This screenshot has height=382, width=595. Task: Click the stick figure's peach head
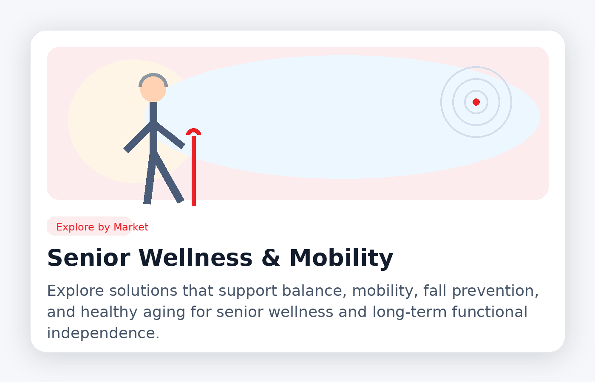153,90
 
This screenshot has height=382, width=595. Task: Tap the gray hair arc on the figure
153,75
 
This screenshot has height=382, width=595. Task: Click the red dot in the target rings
476,102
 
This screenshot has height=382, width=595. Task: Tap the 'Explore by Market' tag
102,227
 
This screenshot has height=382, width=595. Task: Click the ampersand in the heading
271,258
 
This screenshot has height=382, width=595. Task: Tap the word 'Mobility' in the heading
341,258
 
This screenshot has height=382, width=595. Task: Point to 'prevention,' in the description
495,291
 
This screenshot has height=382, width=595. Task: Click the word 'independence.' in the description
103,334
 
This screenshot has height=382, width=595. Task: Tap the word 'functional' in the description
489,312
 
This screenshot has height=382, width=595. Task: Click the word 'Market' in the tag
131,227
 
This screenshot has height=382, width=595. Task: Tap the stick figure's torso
153,127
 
